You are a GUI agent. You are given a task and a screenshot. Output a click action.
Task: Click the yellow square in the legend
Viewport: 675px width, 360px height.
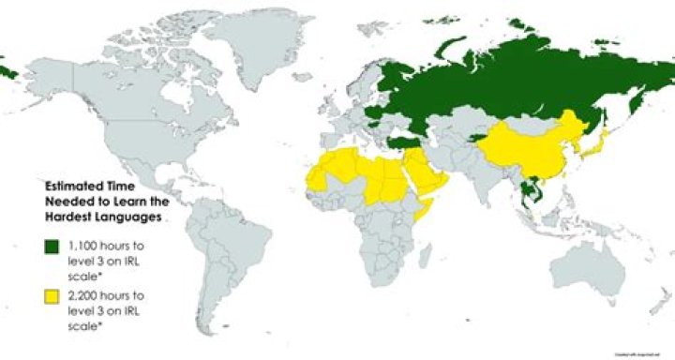pos(51,297)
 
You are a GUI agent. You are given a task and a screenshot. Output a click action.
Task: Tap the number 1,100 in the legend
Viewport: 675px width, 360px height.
pos(82,246)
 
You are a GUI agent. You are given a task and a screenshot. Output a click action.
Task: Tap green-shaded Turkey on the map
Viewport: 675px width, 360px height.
pos(405,142)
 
